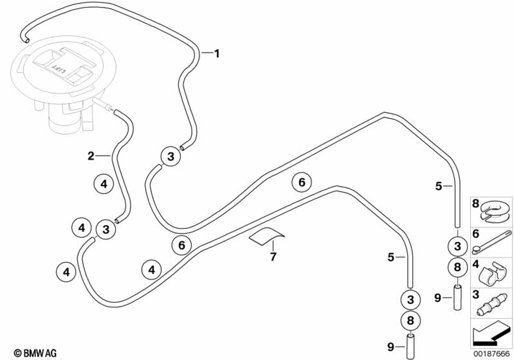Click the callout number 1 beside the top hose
pyautogui.click(x=217, y=53)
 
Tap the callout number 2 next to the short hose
pyautogui.click(x=91, y=155)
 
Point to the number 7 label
pyautogui.click(x=273, y=256)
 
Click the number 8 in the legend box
pyautogui.click(x=475, y=204)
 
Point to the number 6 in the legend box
pyautogui.click(x=475, y=233)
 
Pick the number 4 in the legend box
pyautogui.click(x=475, y=265)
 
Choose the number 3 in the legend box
pyautogui.click(x=475, y=294)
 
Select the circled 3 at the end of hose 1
pyautogui.click(x=170, y=155)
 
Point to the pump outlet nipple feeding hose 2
pyautogui.click(x=108, y=107)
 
